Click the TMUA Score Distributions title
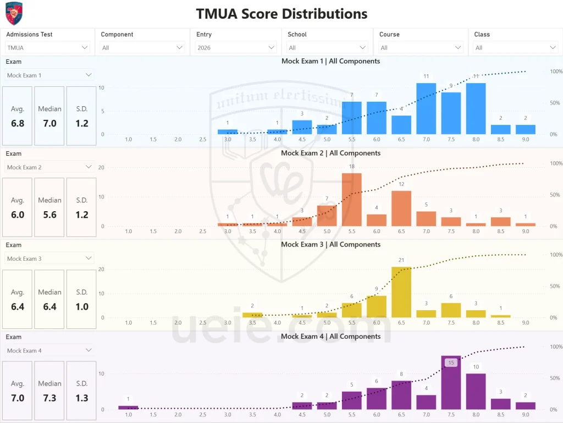pyautogui.click(x=281, y=13)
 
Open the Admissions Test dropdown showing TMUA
pyautogui.click(x=47, y=48)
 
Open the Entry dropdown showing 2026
pyautogui.click(x=236, y=48)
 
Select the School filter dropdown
pyautogui.click(x=327, y=48)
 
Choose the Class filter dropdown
pyautogui.click(x=515, y=48)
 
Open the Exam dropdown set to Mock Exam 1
pyautogui.click(x=49, y=75)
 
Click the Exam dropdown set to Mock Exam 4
pyautogui.click(x=49, y=350)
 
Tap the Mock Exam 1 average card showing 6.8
pyautogui.click(x=18, y=116)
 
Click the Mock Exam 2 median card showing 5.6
pyautogui.click(x=49, y=208)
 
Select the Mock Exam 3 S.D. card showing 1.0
pyautogui.click(x=81, y=299)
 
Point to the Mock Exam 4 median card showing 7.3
pyautogui.click(x=49, y=391)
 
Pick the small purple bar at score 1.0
pyautogui.click(x=128, y=408)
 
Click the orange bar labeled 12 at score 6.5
pyautogui.click(x=401, y=208)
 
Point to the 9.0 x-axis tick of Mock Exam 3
pyautogui.click(x=525, y=323)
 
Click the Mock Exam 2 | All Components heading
pyautogui.click(x=330, y=153)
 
